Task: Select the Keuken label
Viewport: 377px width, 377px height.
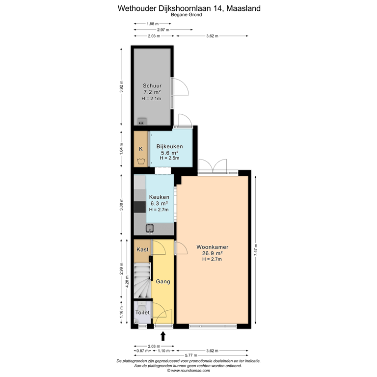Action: click(x=159, y=197)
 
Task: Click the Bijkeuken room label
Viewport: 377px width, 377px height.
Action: click(x=170, y=146)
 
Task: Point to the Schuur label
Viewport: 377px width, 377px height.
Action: click(x=152, y=85)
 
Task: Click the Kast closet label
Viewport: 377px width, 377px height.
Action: click(x=142, y=249)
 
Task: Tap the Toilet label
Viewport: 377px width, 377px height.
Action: click(x=142, y=312)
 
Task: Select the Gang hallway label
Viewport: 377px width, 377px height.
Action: click(x=163, y=282)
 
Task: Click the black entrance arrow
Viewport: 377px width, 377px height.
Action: click(x=163, y=336)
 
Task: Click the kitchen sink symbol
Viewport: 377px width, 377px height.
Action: click(x=150, y=228)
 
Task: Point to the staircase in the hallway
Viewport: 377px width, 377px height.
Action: click(x=142, y=280)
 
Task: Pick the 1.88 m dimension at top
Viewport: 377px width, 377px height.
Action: click(x=153, y=24)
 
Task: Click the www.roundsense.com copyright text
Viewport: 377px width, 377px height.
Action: click(x=188, y=371)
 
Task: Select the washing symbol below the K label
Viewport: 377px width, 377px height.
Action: click(x=141, y=161)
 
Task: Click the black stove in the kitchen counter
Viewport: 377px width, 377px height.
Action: click(x=139, y=207)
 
